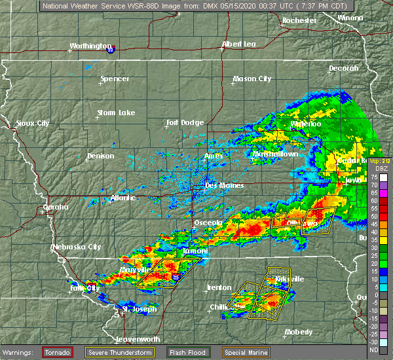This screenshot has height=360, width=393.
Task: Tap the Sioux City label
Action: [x=33, y=123]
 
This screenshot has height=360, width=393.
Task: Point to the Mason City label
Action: [x=252, y=79]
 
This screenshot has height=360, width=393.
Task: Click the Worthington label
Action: [x=90, y=46]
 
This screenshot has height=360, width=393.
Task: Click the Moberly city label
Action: [x=298, y=332]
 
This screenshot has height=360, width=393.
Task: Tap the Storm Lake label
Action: [x=116, y=113]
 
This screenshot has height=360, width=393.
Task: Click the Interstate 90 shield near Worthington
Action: [x=111, y=48]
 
